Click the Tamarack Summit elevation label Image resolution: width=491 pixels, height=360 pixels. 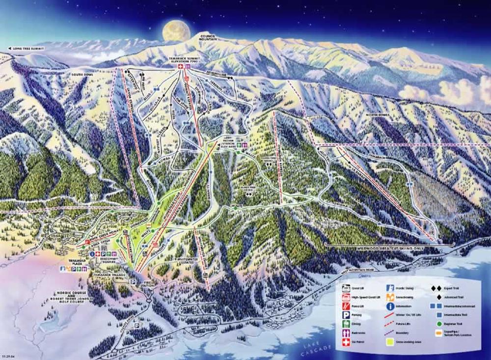tap(185, 59)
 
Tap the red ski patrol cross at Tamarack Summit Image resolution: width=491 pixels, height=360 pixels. tap(180, 66)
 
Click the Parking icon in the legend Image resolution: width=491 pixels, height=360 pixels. tap(346, 309)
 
